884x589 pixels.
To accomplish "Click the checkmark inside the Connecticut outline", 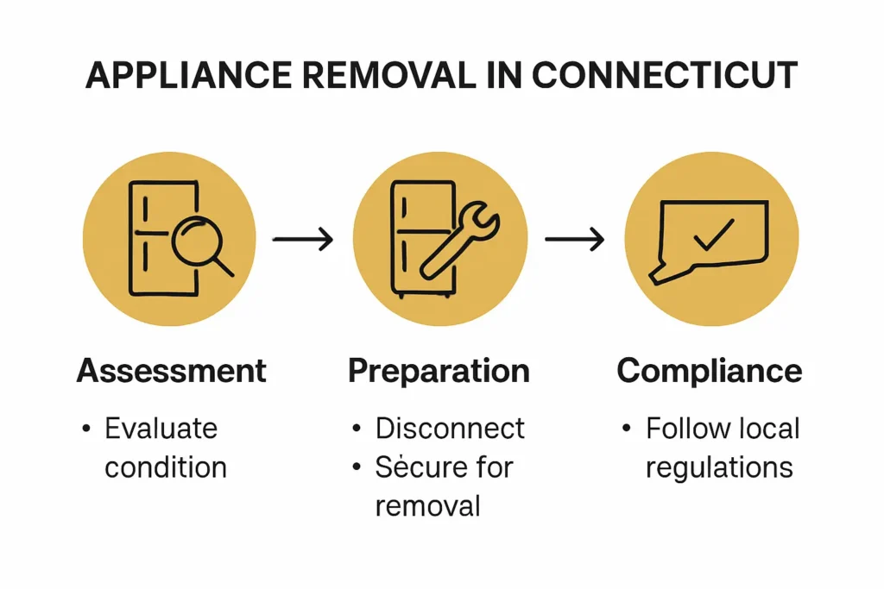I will pyautogui.click(x=713, y=235).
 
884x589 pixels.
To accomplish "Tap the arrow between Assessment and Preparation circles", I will pyautogui.click(x=303, y=239).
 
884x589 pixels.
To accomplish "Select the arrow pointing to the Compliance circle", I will pyautogui.click(x=574, y=239).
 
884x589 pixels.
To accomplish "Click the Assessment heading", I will pyautogui.click(x=171, y=371).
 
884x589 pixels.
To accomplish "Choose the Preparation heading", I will pyautogui.click(x=439, y=371).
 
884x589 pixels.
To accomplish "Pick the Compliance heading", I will pyautogui.click(x=710, y=371).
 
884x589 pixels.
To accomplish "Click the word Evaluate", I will pyautogui.click(x=161, y=428).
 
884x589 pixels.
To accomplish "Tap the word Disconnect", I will pyautogui.click(x=449, y=428).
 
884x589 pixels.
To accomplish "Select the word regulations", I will pyautogui.click(x=718, y=467).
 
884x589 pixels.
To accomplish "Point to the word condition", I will pyautogui.click(x=166, y=467).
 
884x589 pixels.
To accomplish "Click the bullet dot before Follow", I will pyautogui.click(x=628, y=429).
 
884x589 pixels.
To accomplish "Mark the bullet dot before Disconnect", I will pyautogui.click(x=357, y=429).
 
